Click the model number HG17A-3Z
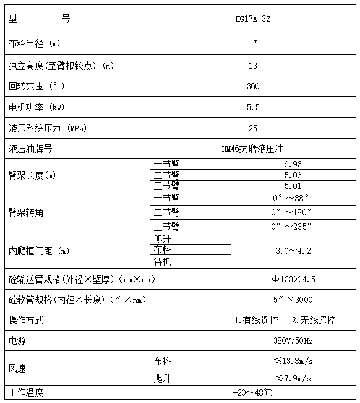[252, 19]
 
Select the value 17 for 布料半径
[252, 44]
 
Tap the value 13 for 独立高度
[252, 66]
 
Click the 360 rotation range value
[252, 86]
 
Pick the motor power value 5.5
[252, 107]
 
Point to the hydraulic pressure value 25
[252, 128]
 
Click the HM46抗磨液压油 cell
[252, 149]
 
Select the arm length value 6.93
[293, 164]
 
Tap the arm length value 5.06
[293, 175]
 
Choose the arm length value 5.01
[293, 185]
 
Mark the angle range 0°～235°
[289, 227]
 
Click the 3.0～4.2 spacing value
[293, 251]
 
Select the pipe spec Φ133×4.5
[293, 279]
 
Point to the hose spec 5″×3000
[293, 300]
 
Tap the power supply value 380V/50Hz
[293, 341]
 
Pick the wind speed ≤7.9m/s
[293, 378]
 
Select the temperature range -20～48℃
[252, 393]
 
